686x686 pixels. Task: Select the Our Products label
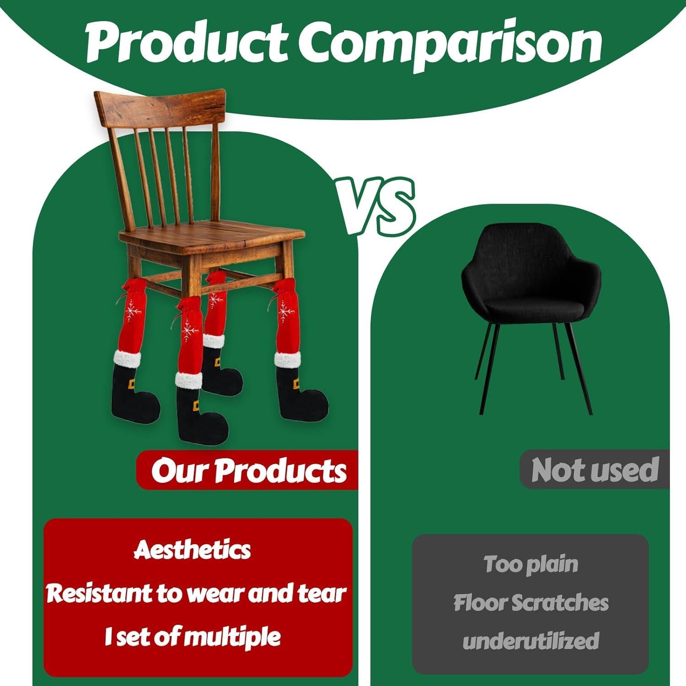[x=249, y=470]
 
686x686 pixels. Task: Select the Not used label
[x=595, y=470]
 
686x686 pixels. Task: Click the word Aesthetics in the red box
[x=192, y=550]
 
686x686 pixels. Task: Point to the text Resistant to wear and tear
[x=196, y=593]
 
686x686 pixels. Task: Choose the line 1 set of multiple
[x=193, y=636]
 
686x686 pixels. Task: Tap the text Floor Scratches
[x=531, y=603]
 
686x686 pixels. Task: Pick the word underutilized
[x=531, y=641]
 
